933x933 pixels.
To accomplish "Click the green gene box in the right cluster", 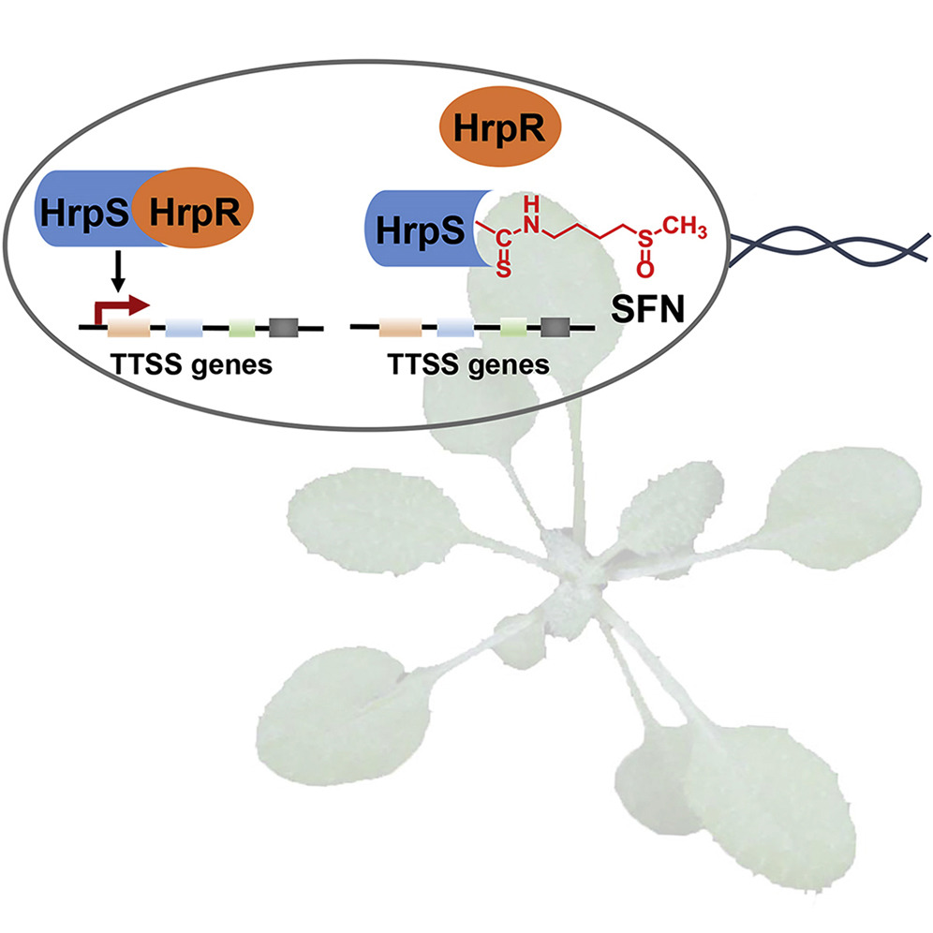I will (512, 327).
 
